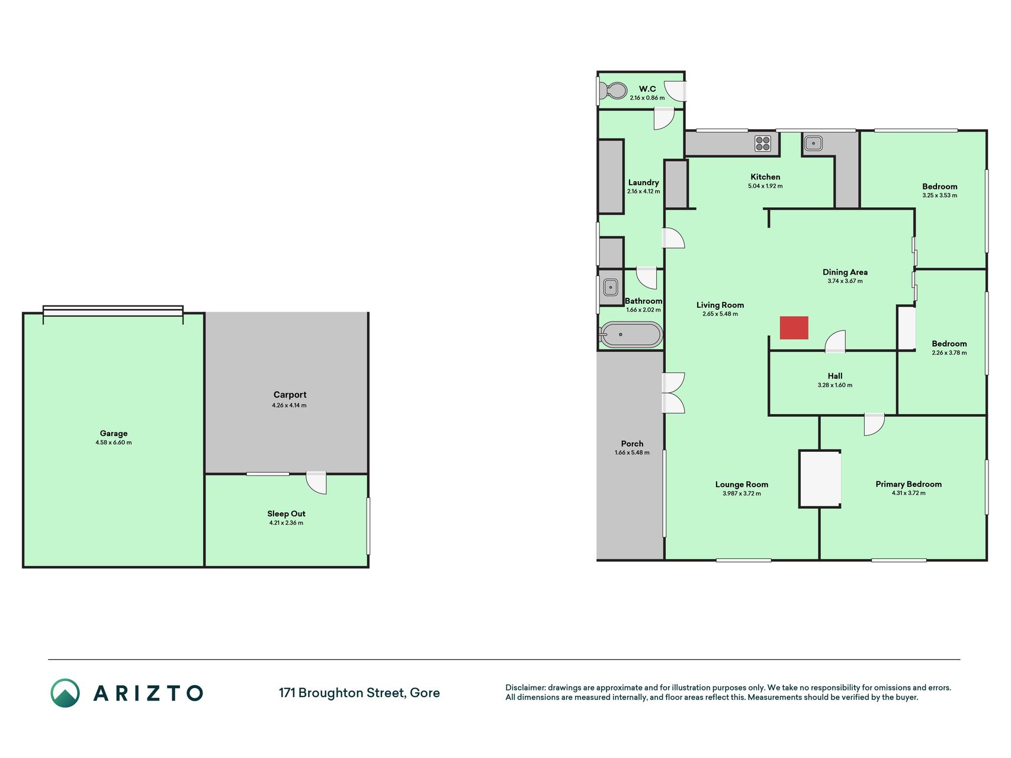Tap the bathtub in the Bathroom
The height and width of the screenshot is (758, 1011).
point(630,335)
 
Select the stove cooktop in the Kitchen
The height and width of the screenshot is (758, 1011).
point(763,143)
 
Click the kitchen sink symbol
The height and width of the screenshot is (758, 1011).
point(813,143)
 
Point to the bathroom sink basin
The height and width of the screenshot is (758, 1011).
point(610,288)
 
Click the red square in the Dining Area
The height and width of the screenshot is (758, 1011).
point(794,328)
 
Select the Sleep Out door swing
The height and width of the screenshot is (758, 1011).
point(316,483)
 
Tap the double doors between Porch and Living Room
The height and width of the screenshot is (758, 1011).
point(673,393)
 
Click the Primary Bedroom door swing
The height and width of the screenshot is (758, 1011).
point(874,425)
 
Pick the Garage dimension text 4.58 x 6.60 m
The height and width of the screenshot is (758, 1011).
point(114,442)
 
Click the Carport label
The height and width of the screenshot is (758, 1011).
point(290,394)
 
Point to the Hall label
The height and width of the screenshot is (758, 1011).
point(835,376)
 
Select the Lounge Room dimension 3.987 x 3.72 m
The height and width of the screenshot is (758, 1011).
point(742,493)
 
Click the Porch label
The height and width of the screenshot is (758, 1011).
point(632,444)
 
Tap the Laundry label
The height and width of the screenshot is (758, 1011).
point(643,182)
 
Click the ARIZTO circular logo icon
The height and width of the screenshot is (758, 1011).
point(65,693)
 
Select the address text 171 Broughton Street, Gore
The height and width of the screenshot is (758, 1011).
point(360,693)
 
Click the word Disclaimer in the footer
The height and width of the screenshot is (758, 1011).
point(525,688)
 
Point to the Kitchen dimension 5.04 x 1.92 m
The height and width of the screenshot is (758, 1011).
point(765,186)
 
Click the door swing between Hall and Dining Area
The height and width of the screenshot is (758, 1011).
point(835,342)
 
